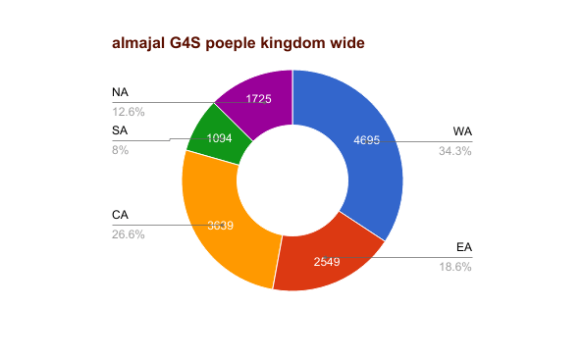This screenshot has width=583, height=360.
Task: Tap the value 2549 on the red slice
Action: coord(327,262)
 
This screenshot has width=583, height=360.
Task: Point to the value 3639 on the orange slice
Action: coord(220,225)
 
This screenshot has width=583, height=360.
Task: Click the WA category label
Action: coord(462,131)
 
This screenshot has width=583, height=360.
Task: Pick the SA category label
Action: coord(121,131)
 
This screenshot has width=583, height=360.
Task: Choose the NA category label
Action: coord(121,93)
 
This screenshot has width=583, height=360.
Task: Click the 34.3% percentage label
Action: coord(455,149)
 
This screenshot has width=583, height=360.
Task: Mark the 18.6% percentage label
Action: coord(455,267)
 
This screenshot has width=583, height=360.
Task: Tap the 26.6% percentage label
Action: coord(129,234)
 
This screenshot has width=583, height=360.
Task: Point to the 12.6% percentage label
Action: coord(129,111)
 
